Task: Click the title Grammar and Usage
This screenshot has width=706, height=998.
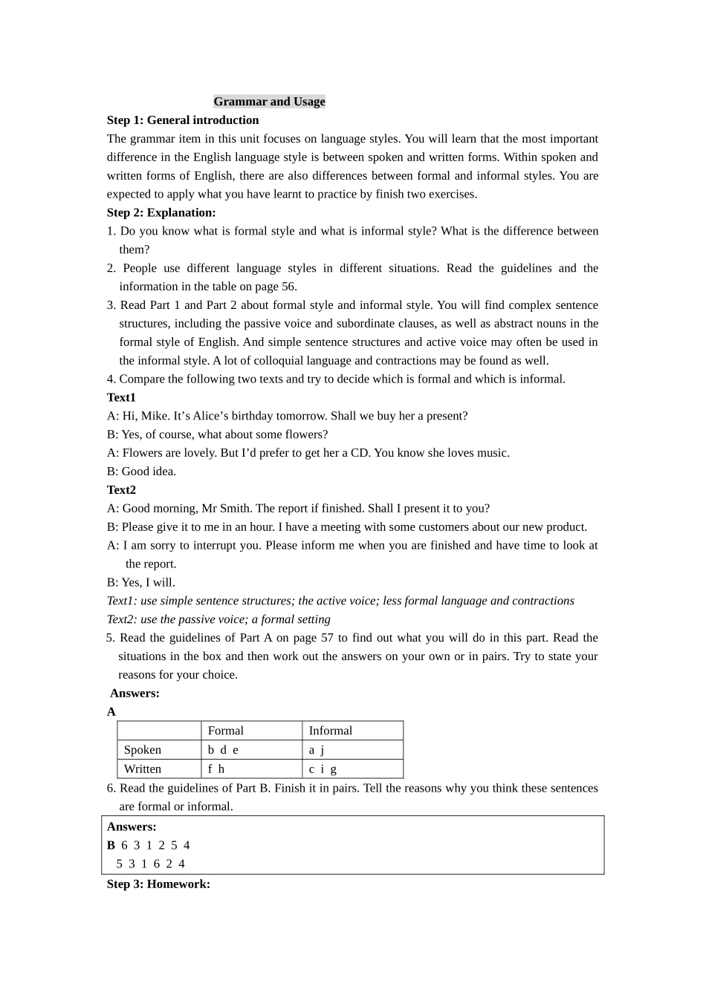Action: tap(269, 102)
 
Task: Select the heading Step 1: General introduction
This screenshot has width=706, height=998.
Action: tap(183, 120)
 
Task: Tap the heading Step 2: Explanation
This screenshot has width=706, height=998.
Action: tap(161, 212)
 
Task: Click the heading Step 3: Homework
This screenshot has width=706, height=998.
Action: tap(158, 884)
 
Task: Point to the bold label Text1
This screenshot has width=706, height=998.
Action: tap(121, 397)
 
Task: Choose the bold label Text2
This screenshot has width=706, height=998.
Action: tap(121, 490)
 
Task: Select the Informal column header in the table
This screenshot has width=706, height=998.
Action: tap(331, 731)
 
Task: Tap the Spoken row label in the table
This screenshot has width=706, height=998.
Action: tap(143, 750)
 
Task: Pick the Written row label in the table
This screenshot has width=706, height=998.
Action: tap(143, 769)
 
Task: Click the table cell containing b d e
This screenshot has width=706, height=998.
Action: tap(223, 750)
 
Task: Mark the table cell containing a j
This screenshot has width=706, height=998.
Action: tap(317, 750)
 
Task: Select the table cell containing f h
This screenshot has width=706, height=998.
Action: tap(216, 769)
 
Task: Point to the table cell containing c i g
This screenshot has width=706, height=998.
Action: tap(323, 769)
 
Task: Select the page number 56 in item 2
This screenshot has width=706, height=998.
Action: tap(288, 287)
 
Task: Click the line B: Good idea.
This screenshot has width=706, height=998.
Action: tap(141, 472)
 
